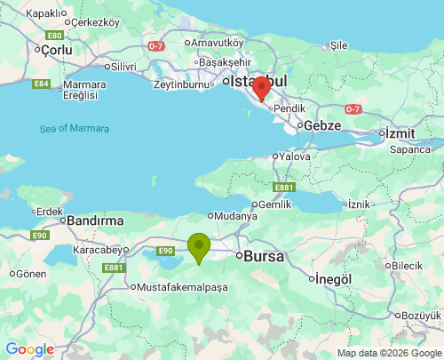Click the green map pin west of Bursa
point(199,246)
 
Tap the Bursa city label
point(264,256)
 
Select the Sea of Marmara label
point(75,129)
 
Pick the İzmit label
point(400,132)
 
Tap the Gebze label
point(322,125)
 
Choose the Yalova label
point(295,156)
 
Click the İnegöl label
point(335,279)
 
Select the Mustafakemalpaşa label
point(183,287)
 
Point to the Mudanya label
point(234,215)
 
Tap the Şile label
point(338,44)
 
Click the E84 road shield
point(41,84)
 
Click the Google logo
point(29,349)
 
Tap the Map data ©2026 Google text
point(388,353)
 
